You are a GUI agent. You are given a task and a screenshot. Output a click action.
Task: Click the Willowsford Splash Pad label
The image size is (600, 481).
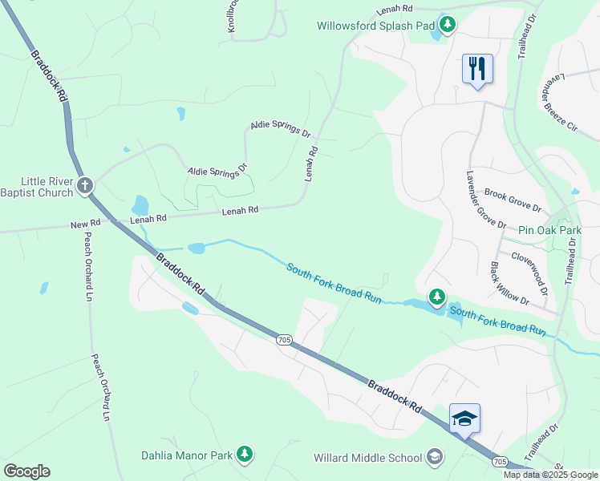[375, 26]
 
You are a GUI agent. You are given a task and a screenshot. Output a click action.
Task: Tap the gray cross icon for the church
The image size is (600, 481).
[85, 187]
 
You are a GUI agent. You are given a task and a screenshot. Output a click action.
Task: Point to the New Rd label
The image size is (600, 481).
[85, 225]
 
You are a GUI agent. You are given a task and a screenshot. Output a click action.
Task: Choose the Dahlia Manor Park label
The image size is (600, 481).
[187, 455]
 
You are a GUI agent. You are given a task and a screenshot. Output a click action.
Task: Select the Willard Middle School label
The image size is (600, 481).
[367, 458]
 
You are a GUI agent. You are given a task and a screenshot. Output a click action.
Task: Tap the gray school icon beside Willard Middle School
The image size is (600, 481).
[434, 457]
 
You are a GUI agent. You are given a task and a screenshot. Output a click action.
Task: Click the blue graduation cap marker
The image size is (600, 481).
[464, 418]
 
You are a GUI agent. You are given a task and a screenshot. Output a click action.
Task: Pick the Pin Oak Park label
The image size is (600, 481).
[549, 230]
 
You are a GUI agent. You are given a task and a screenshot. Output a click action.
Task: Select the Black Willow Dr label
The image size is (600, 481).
[509, 284]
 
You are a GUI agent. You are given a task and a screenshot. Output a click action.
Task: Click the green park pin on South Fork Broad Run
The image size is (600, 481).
[436, 298]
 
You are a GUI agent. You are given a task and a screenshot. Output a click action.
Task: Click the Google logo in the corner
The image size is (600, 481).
[26, 471]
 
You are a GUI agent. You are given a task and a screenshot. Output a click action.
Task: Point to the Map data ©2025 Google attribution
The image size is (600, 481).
[549, 475]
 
